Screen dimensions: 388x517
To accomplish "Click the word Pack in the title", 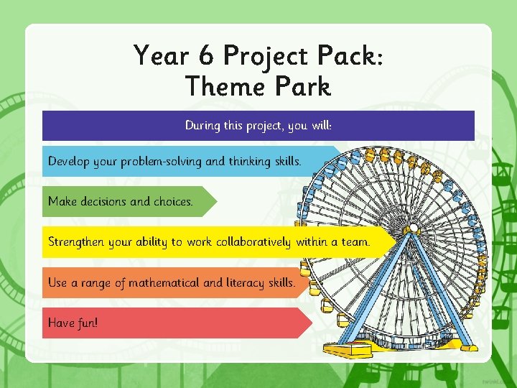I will tap(348, 55).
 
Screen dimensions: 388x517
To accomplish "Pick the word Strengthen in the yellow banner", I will tap(76, 242).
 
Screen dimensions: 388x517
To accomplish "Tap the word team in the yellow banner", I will tap(355, 242).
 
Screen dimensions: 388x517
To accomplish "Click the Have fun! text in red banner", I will tap(73, 323).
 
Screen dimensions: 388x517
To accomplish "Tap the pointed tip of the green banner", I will tap(215, 202).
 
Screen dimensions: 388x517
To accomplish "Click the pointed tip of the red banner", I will tap(312, 323).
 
